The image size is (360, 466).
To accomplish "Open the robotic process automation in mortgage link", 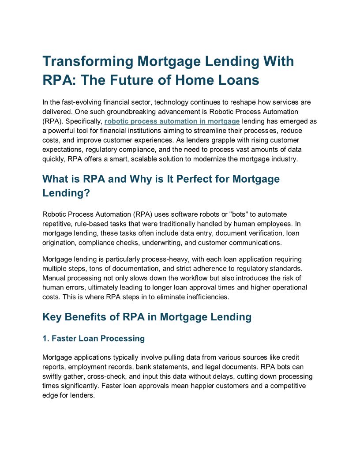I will [172, 121].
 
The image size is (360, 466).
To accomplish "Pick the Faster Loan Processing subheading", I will [94, 338].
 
